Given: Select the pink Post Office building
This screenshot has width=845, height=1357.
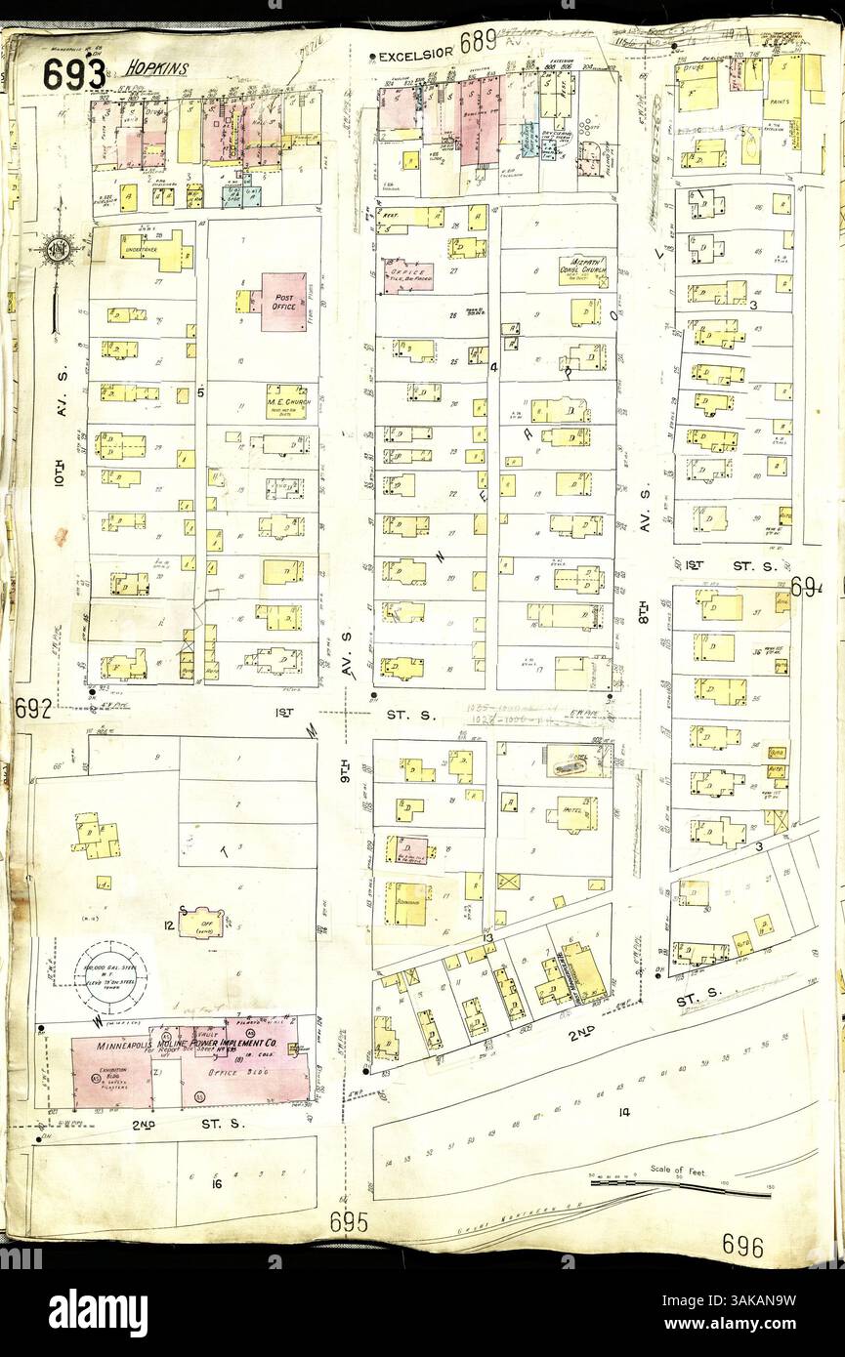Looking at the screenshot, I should click(283, 302).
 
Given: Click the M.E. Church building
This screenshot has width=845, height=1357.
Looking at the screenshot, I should click(286, 401).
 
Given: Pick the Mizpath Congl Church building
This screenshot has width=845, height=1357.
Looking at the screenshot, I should click(582, 266).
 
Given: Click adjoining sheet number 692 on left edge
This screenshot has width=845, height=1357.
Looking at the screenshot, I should click(32, 710).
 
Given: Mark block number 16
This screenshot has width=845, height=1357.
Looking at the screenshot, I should click(218, 1184).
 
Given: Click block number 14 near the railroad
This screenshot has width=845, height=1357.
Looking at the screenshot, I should click(624, 1110).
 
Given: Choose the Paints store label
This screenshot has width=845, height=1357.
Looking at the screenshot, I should click(780, 101).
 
